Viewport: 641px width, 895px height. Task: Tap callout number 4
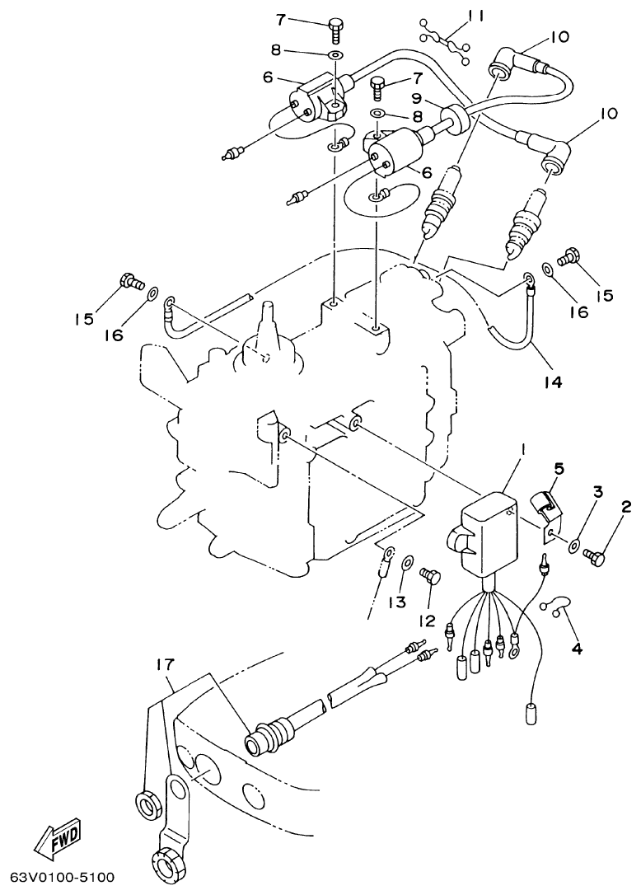[576, 649]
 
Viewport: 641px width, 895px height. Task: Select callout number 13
[398, 602]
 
